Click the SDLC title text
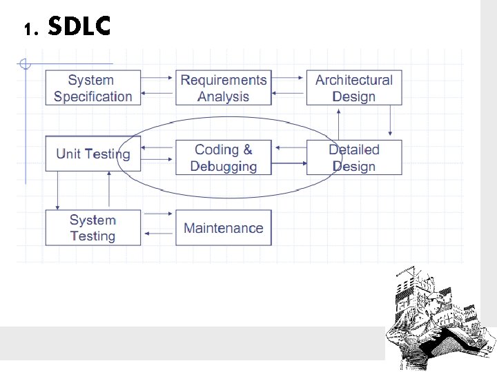pyautogui.click(x=79, y=27)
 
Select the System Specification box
pyautogui.click(x=92, y=88)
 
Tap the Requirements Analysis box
pyautogui.click(x=223, y=88)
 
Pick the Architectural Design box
pyautogui.click(x=353, y=88)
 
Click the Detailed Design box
pyautogui.click(x=353, y=158)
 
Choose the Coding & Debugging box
pyautogui.click(x=223, y=158)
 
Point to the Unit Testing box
pyautogui.click(x=92, y=154)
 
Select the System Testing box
pyautogui.click(x=92, y=228)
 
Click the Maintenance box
pyautogui.click(x=223, y=228)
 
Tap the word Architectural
pyautogui.click(x=353, y=80)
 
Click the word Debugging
pyautogui.click(x=223, y=166)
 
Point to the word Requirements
pyautogui.click(x=223, y=80)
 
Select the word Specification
pyautogui.click(x=92, y=96)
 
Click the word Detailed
pyautogui.click(x=353, y=149)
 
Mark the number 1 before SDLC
pyautogui.click(x=27, y=30)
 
